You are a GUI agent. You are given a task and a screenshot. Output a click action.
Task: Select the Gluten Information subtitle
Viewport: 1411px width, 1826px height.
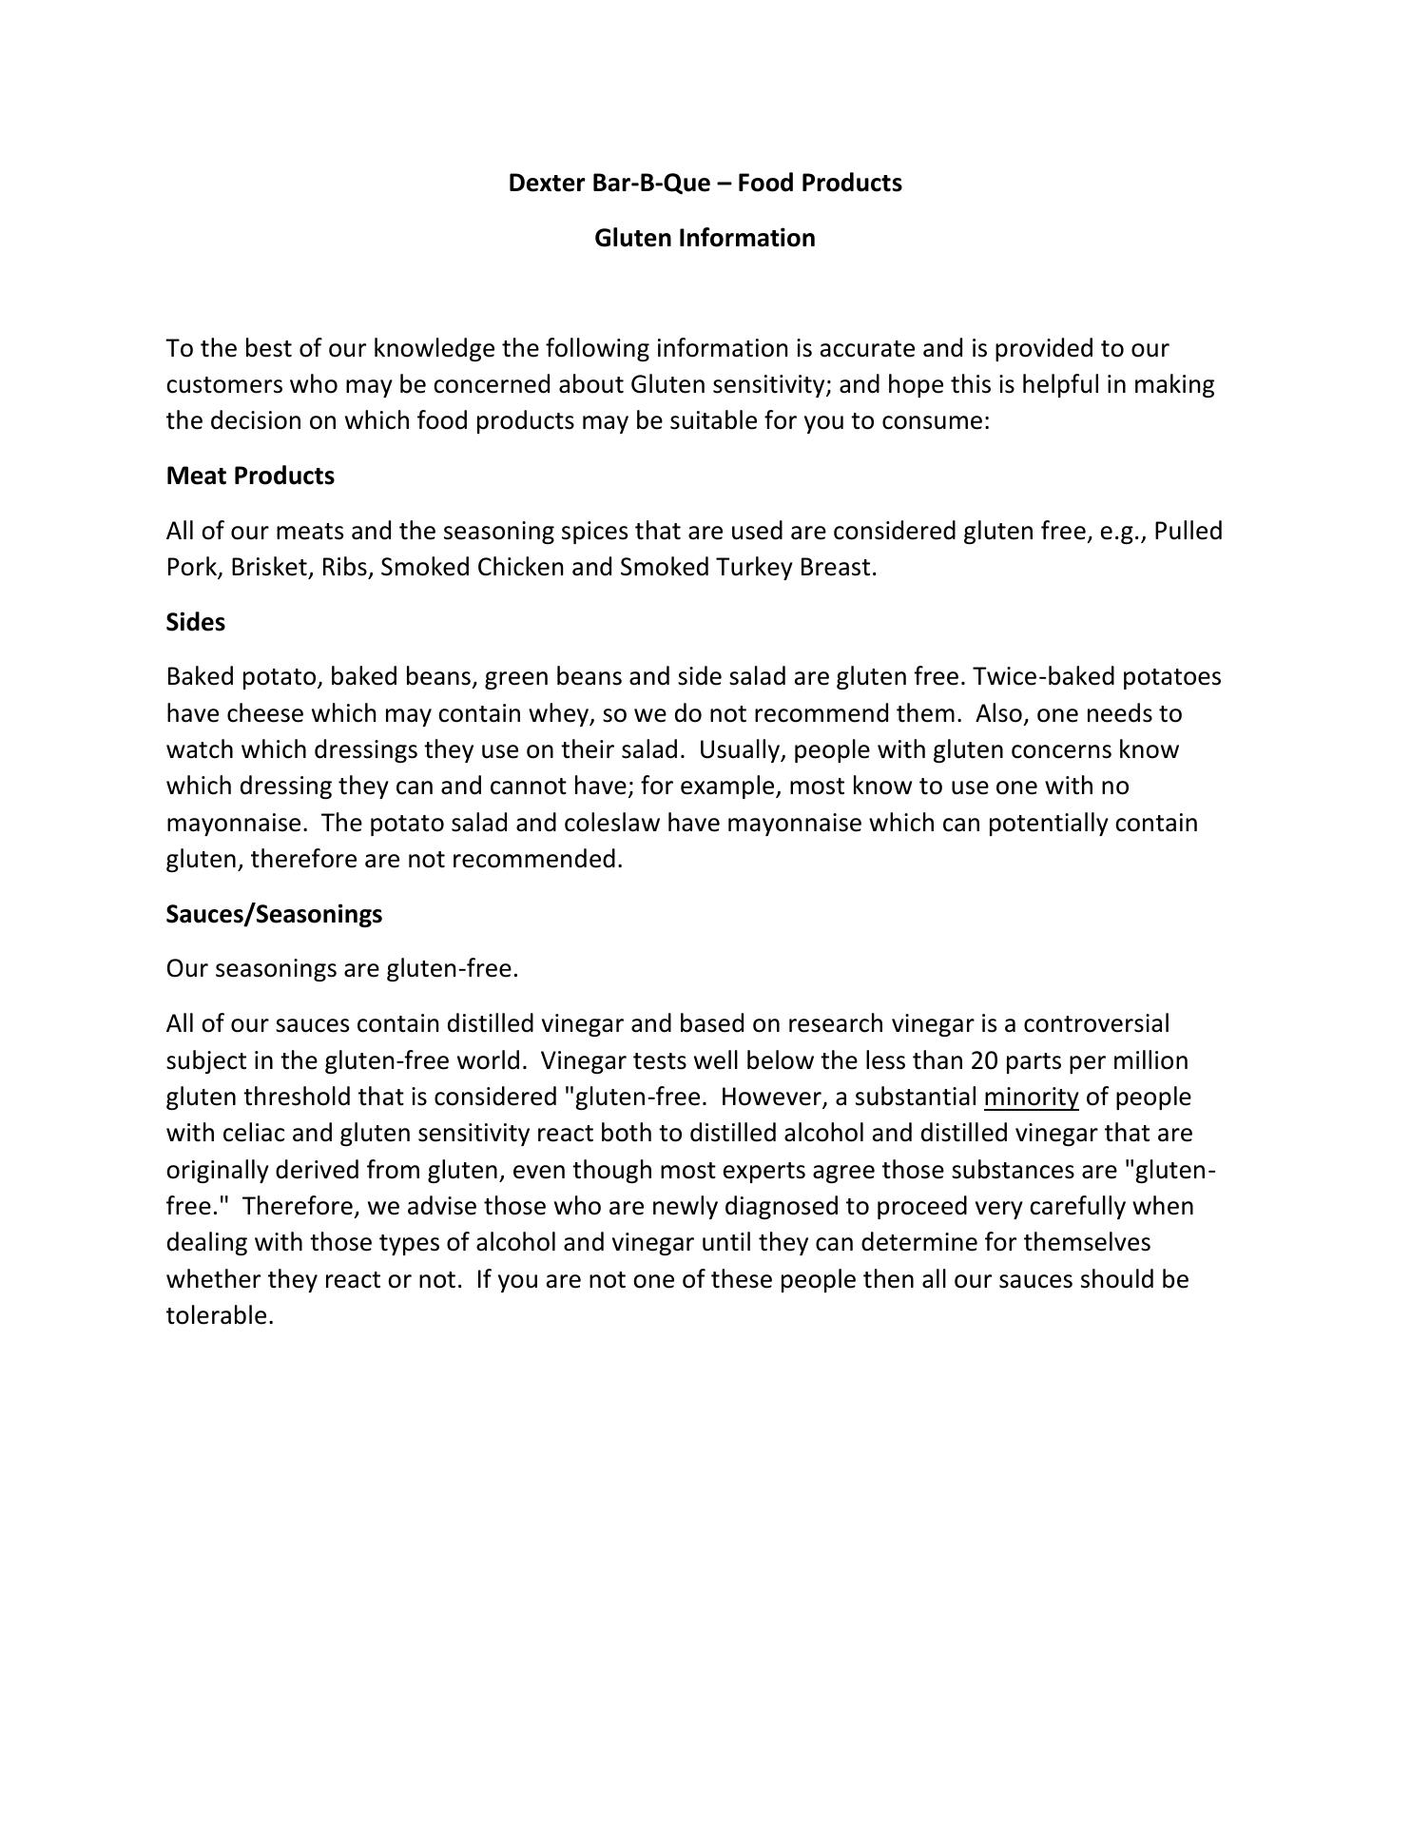[x=705, y=238]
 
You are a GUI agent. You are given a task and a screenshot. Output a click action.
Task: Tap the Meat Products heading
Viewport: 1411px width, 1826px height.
[x=250, y=476]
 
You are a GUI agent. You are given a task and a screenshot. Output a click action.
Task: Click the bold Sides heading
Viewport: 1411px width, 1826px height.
[x=196, y=622]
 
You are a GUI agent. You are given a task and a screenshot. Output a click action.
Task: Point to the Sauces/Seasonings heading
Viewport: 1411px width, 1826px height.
[x=274, y=914]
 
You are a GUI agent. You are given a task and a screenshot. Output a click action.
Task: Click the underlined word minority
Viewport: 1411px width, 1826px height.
[x=1031, y=1098]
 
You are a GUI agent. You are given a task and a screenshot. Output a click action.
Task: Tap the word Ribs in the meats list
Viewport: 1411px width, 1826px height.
[x=343, y=568]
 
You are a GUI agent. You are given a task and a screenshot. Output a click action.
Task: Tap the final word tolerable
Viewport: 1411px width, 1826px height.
[x=220, y=1316]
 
